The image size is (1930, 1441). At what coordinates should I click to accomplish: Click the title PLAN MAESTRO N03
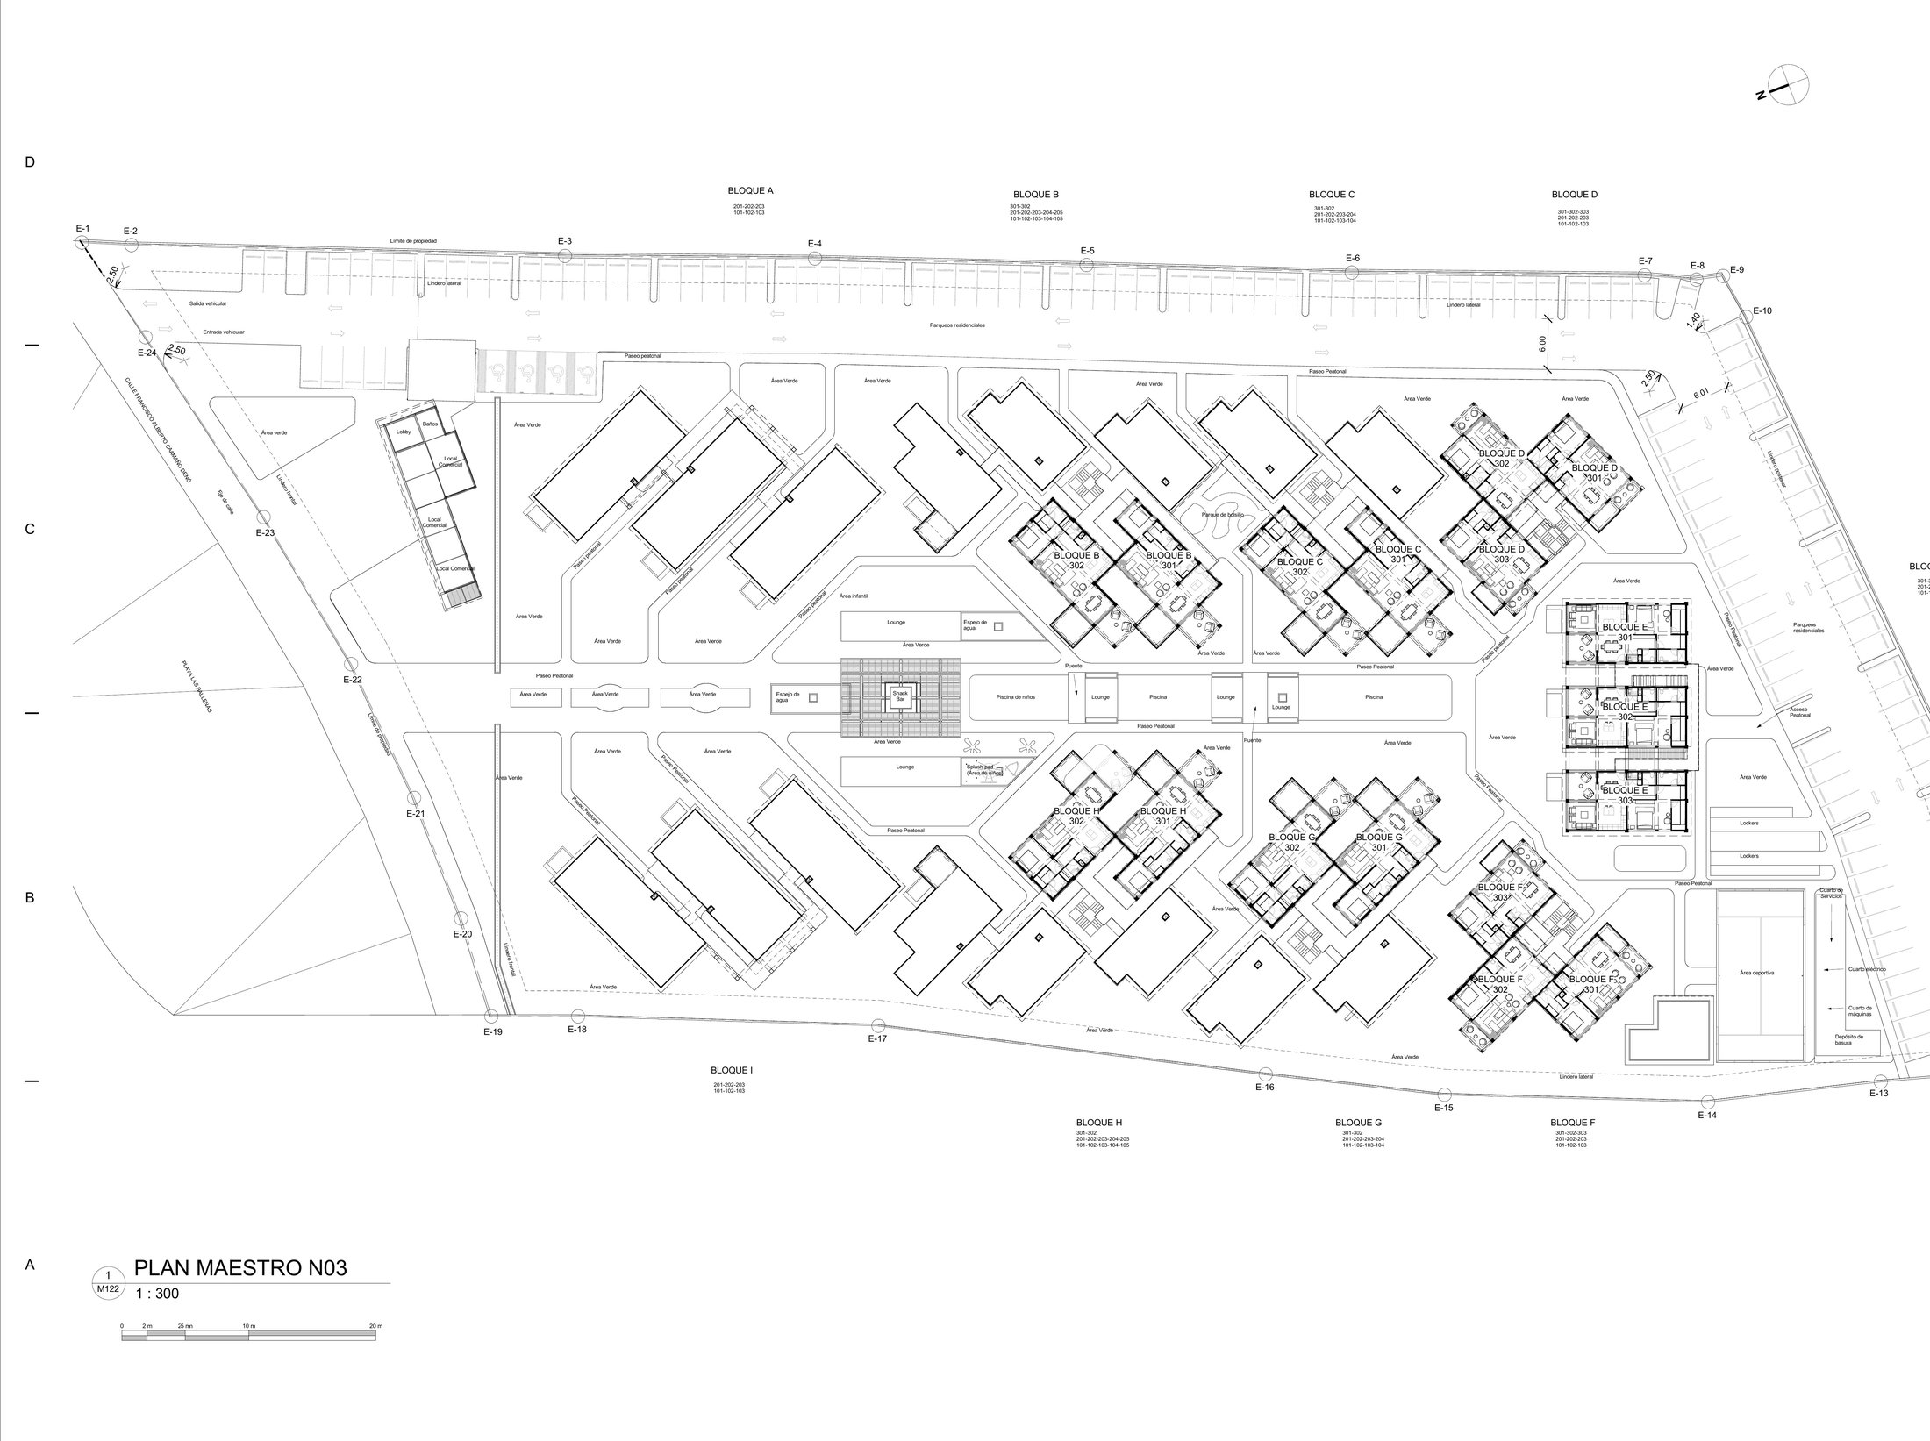[239, 1268]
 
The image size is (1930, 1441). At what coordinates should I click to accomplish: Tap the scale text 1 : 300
[157, 1293]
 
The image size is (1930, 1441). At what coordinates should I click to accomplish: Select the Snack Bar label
[900, 696]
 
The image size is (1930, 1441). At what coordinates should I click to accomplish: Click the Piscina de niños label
[1015, 696]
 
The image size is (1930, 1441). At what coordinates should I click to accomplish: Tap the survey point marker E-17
[878, 1025]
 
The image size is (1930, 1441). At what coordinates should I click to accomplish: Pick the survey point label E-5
[1087, 251]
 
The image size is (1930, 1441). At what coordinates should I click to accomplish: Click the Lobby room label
[404, 432]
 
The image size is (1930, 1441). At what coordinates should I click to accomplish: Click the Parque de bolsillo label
[1225, 515]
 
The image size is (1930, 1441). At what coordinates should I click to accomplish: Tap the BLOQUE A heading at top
[750, 190]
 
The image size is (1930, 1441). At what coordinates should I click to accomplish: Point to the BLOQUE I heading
[731, 1071]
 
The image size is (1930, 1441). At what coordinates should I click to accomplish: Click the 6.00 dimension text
[1542, 345]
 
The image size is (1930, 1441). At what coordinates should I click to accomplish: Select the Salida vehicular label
[208, 303]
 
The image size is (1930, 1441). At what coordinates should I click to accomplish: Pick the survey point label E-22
[352, 680]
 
